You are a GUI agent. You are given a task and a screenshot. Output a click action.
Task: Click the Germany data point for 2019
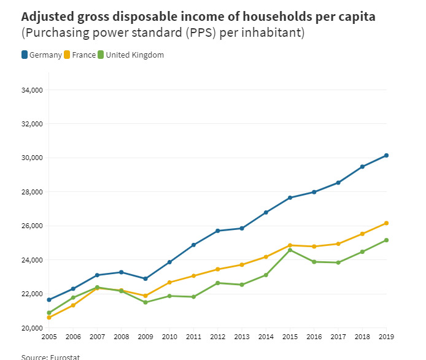[386, 156]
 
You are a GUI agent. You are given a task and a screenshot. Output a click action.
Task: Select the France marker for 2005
[49, 317]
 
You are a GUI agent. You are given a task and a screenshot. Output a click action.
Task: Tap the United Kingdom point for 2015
[290, 250]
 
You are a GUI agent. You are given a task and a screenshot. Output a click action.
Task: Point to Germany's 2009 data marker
[145, 278]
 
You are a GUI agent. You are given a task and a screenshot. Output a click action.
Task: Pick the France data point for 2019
[386, 223]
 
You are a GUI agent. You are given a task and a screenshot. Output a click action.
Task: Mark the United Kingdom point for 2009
[145, 302]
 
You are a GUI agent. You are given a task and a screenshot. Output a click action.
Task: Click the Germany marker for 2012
[217, 231]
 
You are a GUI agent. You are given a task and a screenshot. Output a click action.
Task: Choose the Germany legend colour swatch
[25, 55]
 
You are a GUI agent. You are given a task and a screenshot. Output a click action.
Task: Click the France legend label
[83, 55]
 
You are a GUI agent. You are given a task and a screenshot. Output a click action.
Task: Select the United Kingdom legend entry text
[134, 55]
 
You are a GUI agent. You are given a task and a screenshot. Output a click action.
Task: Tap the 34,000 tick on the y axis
[31, 90]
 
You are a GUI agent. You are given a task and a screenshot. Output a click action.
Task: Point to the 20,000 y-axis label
[31, 328]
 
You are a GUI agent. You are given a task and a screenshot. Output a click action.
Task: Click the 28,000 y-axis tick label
[31, 192]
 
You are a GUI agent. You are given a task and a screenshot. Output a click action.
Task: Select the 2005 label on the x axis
[49, 337]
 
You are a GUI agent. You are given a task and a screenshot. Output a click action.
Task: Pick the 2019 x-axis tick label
[386, 337]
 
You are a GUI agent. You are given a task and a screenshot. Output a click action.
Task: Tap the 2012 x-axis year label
[217, 337]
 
